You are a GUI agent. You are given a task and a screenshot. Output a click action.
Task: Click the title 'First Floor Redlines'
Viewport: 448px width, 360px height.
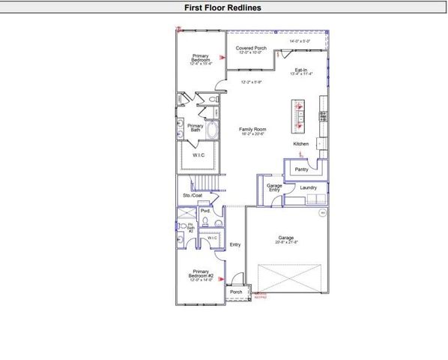coord(223,8)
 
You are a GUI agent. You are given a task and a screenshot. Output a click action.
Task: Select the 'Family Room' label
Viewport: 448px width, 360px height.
coord(252,130)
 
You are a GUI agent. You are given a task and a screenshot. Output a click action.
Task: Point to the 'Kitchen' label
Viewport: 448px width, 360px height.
coord(300,143)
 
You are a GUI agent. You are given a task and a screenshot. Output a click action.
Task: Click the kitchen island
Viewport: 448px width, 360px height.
coord(299,114)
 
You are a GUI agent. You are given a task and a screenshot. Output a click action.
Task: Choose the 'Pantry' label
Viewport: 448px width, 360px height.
coord(301,169)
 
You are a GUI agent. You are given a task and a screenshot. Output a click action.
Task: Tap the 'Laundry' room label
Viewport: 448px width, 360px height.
coord(309,187)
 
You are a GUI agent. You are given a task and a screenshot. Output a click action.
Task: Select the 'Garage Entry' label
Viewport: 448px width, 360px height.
coord(274,187)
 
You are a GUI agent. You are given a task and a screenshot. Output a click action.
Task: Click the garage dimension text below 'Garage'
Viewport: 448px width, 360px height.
coord(288,242)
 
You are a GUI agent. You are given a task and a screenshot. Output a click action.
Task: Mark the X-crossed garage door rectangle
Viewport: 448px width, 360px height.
coord(293,277)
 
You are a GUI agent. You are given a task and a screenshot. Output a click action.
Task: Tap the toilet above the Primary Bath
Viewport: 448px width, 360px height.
coord(213,100)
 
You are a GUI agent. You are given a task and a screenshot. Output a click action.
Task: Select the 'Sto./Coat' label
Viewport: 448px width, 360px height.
coord(192,196)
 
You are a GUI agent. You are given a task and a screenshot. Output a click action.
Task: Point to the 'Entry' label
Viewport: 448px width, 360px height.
coord(235,244)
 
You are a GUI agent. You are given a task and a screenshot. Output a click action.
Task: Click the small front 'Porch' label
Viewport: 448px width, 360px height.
coord(236,292)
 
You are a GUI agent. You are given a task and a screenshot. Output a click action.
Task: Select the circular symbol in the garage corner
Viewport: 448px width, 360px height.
coord(323,213)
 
